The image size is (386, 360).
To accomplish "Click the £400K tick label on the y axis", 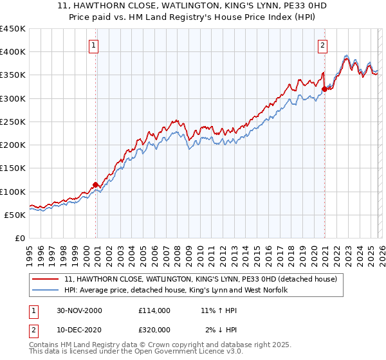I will click(x=13, y=52).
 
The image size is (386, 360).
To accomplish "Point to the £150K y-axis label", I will click(x=13, y=168).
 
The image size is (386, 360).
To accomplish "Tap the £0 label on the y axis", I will click(x=19, y=238).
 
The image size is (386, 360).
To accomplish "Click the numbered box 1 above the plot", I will click(x=95, y=45).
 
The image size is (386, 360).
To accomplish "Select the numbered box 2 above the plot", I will click(x=322, y=45).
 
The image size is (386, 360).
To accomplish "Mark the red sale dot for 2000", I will click(x=96, y=184).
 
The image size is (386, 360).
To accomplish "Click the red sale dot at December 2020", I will click(x=324, y=89).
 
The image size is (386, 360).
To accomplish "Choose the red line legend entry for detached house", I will click(x=205, y=279).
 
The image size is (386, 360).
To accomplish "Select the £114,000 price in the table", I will click(x=154, y=310).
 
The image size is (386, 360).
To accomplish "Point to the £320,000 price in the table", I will click(x=154, y=330).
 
